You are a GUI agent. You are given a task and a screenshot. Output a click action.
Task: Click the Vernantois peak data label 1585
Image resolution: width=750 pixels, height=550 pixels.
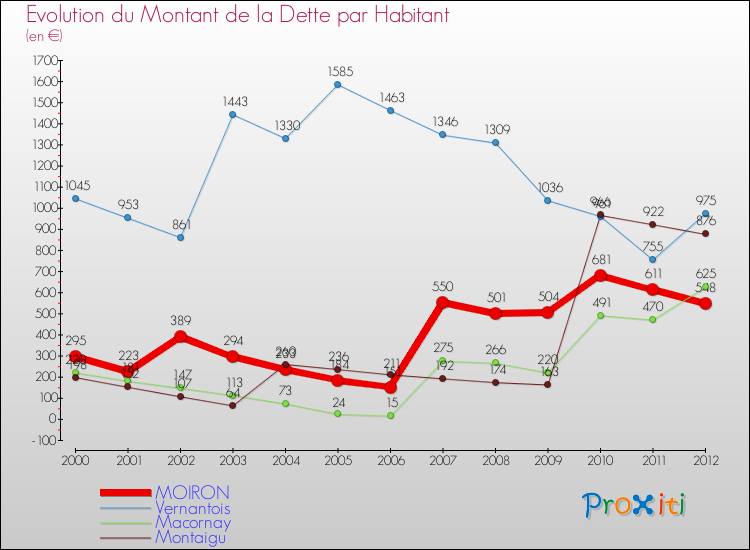(338, 71)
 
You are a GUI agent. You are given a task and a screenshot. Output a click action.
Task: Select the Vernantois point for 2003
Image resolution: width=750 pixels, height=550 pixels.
(233, 114)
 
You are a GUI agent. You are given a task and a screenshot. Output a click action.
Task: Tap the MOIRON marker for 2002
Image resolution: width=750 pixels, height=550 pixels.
(181, 336)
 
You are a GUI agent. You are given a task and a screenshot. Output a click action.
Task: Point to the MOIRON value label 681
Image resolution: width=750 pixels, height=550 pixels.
(600, 261)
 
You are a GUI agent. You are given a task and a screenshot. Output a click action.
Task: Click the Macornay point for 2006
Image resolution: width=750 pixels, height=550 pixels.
(390, 415)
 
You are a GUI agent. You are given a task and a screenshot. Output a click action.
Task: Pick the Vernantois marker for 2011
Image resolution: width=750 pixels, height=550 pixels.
(653, 260)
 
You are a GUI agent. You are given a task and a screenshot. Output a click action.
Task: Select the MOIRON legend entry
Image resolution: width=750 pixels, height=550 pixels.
(193, 493)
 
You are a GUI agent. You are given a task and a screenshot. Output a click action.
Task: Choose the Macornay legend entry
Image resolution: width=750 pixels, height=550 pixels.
(194, 523)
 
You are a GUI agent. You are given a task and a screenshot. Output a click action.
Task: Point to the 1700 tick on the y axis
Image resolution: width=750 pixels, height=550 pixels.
(44, 61)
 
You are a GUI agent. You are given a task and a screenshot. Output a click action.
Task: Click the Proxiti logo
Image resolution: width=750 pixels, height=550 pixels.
(635, 505)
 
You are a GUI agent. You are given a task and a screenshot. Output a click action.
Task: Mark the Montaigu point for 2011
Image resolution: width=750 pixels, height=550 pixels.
(653, 224)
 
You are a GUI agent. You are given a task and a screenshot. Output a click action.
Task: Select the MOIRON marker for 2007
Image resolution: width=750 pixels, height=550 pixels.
(443, 302)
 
